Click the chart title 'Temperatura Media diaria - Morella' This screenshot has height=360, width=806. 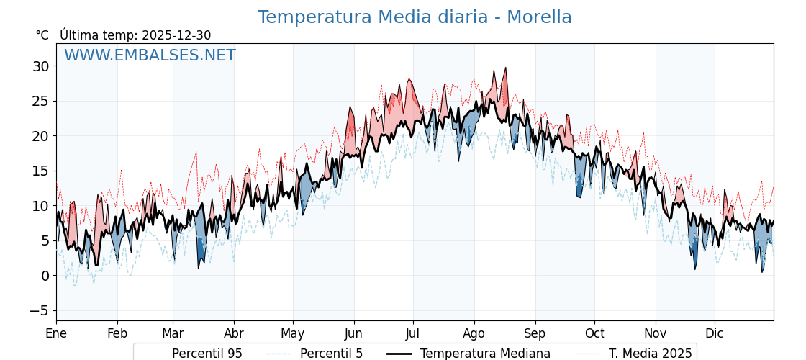(x=415, y=17)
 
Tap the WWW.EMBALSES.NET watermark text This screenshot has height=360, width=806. (x=150, y=55)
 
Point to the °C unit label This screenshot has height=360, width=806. (x=42, y=35)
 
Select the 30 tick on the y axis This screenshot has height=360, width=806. (x=40, y=66)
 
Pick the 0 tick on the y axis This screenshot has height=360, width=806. (x=45, y=276)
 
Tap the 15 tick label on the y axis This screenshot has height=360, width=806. (x=40, y=171)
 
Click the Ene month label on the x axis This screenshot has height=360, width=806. (x=56, y=333)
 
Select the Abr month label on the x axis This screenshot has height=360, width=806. (x=234, y=333)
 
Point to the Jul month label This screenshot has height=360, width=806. (x=413, y=333)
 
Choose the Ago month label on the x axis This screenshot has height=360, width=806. (x=474, y=333)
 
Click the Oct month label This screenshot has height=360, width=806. (x=594, y=333)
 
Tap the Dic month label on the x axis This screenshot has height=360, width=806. (x=715, y=333)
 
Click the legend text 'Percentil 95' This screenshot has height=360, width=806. (x=207, y=354)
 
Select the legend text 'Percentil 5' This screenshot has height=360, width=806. (x=331, y=354)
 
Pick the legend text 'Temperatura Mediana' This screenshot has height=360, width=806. (x=485, y=354)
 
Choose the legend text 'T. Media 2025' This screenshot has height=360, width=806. (x=651, y=354)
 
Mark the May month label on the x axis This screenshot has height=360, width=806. (x=293, y=333)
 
